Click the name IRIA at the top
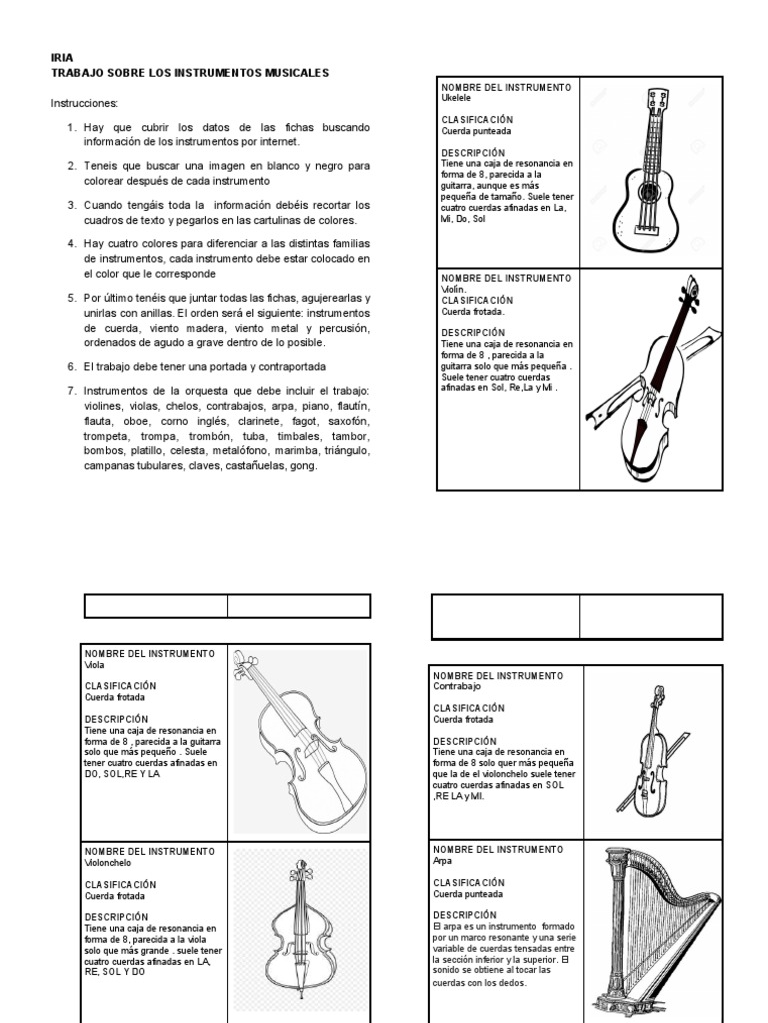coord(61,58)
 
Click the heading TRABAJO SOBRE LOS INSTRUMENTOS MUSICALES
coord(189,73)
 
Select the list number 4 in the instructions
coord(72,243)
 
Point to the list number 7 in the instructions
coord(72,390)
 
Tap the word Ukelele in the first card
coord(457,98)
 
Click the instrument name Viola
coord(95,664)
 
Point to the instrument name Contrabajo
coord(457,686)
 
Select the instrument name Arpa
coord(443,860)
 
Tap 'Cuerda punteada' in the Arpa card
coord(469,893)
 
